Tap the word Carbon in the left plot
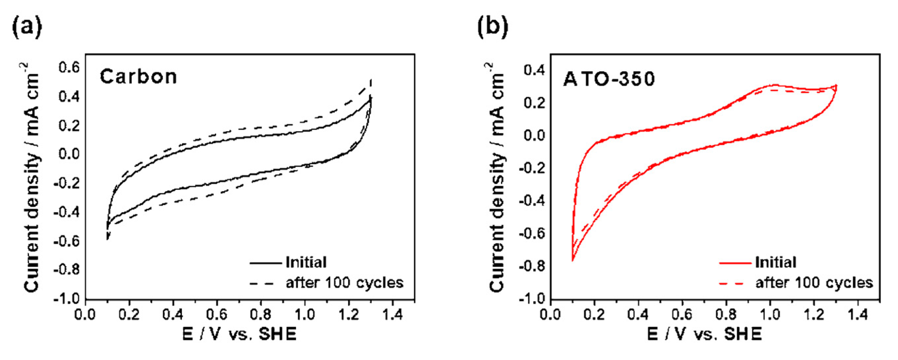click(x=138, y=77)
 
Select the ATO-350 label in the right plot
click(x=609, y=79)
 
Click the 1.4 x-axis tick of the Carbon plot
click(x=392, y=315)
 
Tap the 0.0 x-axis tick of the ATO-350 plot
click(x=550, y=315)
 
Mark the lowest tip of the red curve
click(x=572, y=261)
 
